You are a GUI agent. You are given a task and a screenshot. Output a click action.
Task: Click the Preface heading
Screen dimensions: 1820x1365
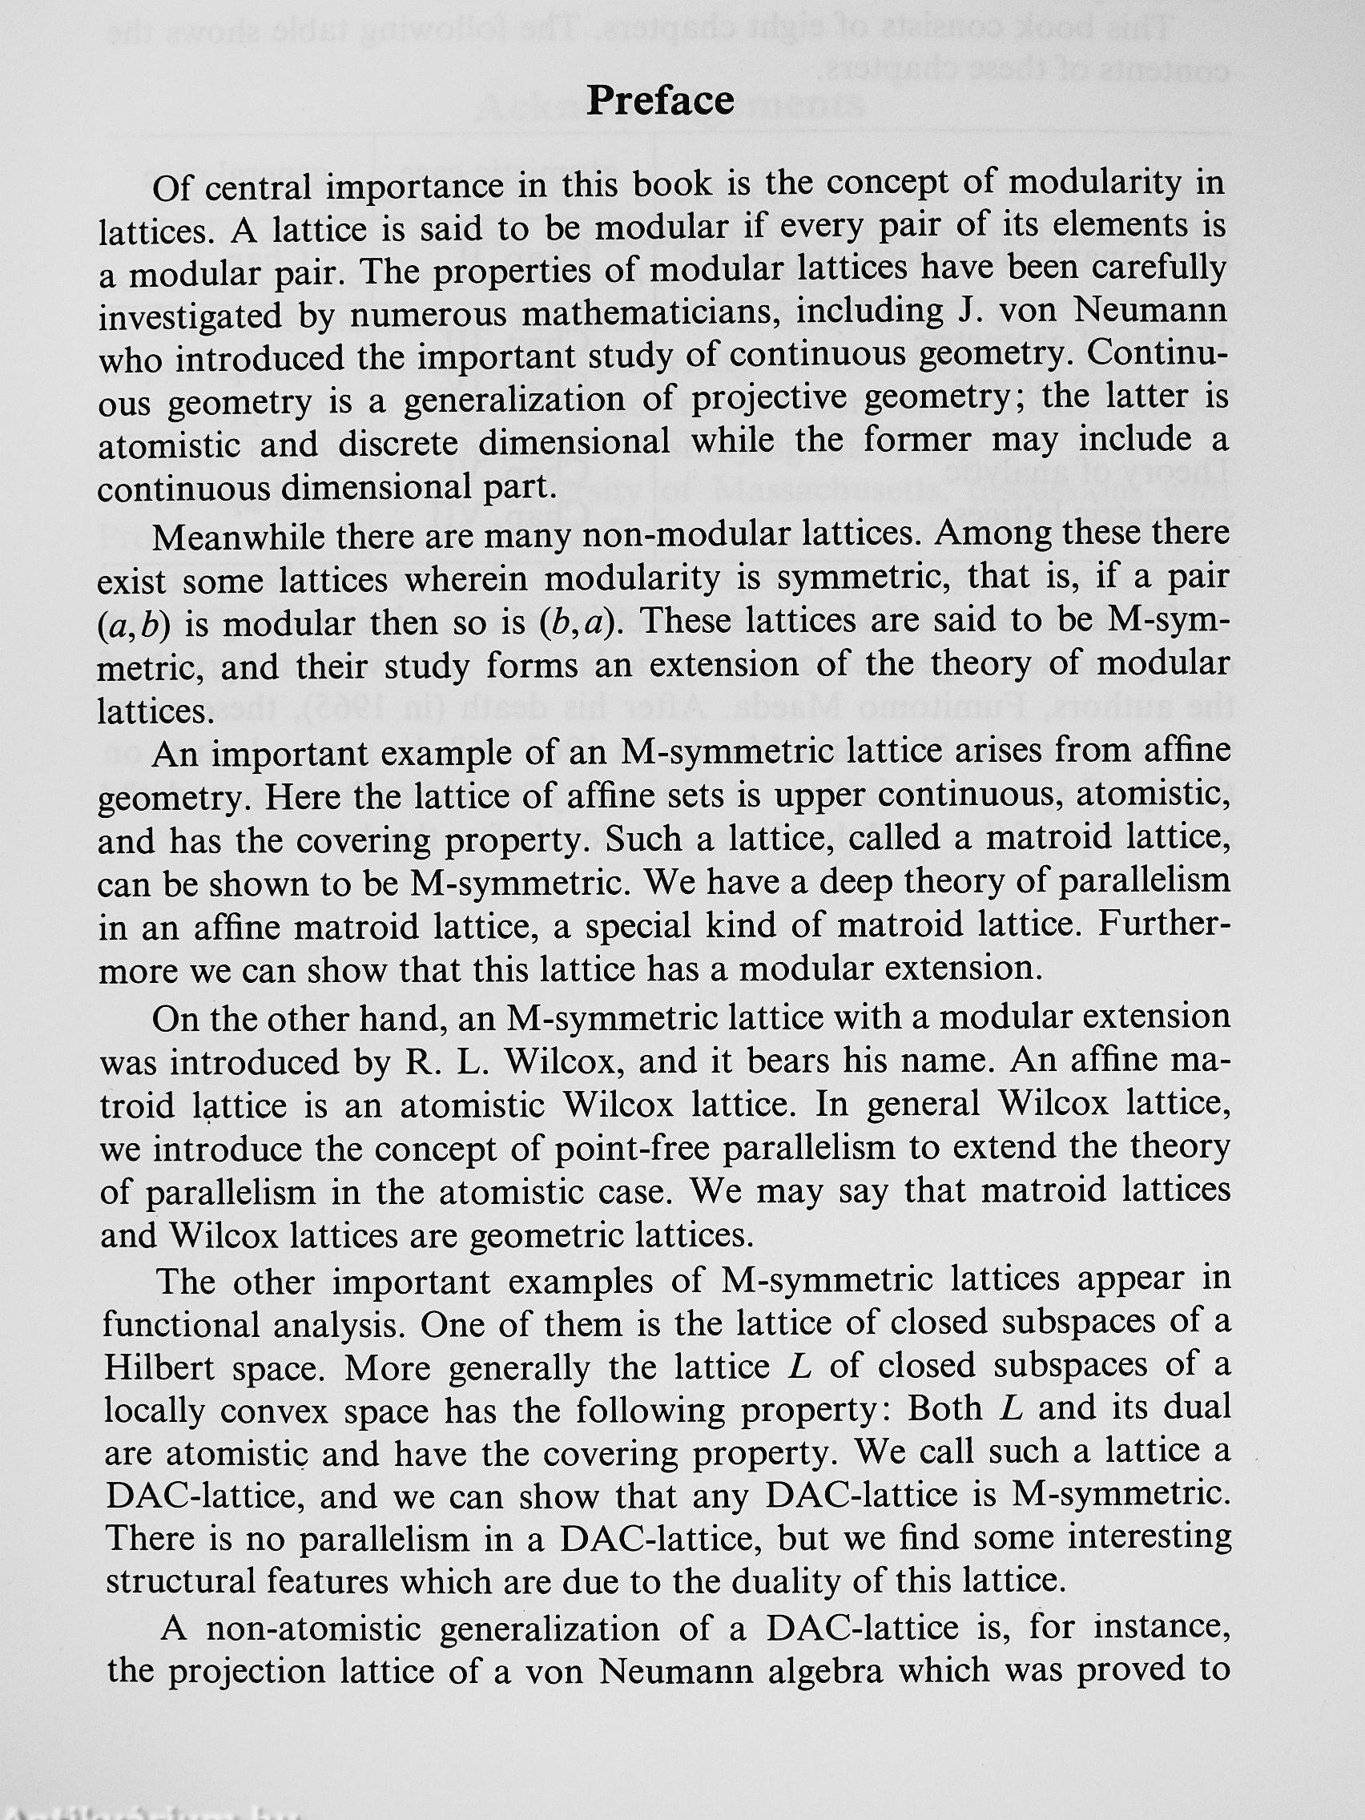click(660, 100)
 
